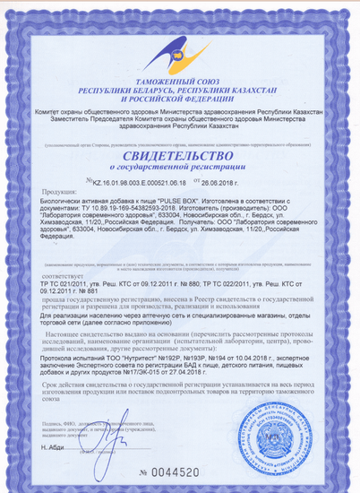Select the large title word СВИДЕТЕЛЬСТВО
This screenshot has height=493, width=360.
179,154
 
